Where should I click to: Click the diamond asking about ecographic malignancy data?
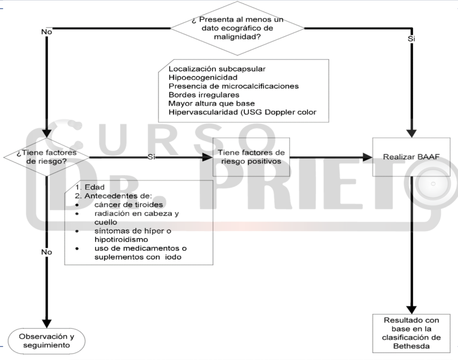tap(237, 28)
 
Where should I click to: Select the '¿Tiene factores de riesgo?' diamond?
tap(46, 157)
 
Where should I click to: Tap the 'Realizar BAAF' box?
tap(411, 157)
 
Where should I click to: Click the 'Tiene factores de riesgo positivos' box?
tap(251, 157)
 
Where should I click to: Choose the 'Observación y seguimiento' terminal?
tap(46, 341)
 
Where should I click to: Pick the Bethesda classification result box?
tap(411, 333)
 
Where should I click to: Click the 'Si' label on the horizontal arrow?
tap(151, 157)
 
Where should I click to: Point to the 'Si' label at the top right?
tap(411, 39)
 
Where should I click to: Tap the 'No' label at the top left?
tap(46, 32)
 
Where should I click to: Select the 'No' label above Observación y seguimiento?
tap(46, 252)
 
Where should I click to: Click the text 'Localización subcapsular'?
tap(217, 69)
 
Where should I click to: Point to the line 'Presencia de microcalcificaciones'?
tap(233, 86)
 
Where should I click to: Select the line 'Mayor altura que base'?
tap(211, 103)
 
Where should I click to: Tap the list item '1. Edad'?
tap(90, 187)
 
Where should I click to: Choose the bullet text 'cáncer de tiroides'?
tap(128, 205)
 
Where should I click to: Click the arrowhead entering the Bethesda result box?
tap(411, 309)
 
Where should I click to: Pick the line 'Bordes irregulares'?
tap(204, 95)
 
